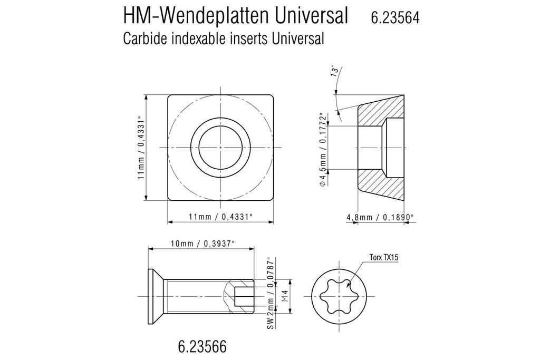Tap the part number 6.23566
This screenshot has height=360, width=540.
point(202,347)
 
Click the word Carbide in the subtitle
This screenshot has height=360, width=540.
point(143,38)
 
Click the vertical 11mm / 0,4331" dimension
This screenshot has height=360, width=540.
point(141,148)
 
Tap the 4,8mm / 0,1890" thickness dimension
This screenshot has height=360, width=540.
point(380,217)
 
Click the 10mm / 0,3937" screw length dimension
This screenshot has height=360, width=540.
point(202,243)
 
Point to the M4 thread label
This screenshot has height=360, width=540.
point(285,297)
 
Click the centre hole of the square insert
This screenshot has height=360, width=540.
point(220,148)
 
